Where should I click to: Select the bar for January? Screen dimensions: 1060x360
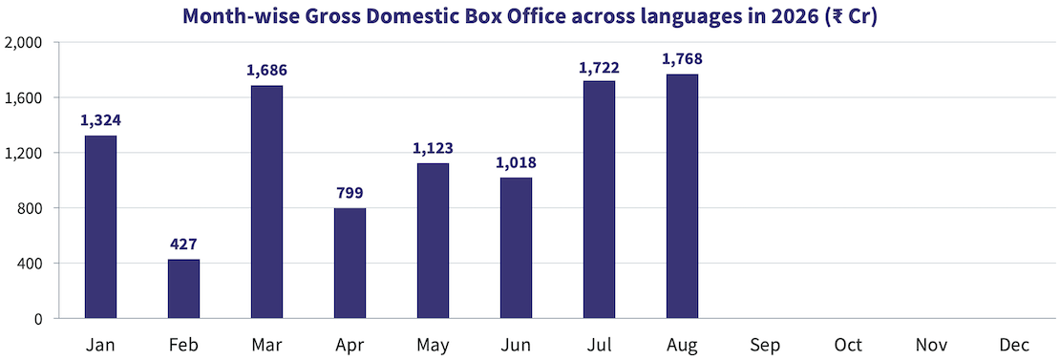(x=100, y=227)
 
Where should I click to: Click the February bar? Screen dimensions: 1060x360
(x=183, y=288)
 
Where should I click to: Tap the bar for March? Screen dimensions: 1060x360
(x=266, y=201)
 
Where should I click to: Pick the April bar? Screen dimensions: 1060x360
(x=350, y=263)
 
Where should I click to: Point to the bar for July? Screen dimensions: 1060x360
(x=599, y=200)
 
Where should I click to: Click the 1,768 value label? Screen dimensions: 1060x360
(x=682, y=59)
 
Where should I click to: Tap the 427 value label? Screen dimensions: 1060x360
(x=183, y=244)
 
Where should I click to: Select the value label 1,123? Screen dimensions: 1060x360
(x=433, y=148)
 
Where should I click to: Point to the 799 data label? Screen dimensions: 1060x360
(x=350, y=193)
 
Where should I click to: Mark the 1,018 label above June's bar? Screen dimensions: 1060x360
(x=516, y=162)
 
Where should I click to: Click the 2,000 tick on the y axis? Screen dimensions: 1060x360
(x=24, y=43)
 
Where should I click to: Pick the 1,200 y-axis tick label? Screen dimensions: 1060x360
(x=24, y=154)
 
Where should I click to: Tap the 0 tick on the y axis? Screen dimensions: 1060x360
(x=38, y=319)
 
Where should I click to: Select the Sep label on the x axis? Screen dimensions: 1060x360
(x=765, y=345)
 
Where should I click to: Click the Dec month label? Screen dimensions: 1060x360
(x=1015, y=345)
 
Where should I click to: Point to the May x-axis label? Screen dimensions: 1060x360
(x=433, y=346)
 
